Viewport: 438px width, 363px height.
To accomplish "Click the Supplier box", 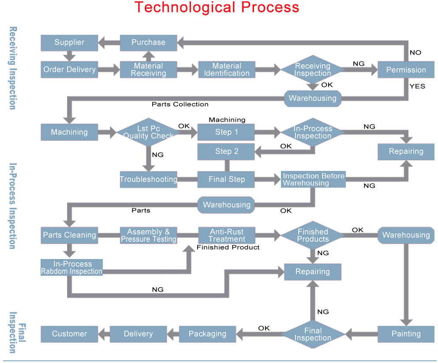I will click(x=69, y=43).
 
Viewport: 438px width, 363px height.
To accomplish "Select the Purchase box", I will click(x=149, y=43).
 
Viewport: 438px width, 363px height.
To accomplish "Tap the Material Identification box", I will click(x=227, y=70).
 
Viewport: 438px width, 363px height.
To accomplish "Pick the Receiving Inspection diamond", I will click(x=313, y=70).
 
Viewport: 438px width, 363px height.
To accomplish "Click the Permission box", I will click(x=406, y=70).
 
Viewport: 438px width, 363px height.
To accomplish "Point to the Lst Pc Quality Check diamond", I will click(x=148, y=132).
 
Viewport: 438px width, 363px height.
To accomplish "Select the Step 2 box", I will click(x=226, y=152).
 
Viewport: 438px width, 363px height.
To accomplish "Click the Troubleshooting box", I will click(x=148, y=179).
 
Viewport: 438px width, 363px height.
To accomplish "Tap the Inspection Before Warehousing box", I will click(x=313, y=179).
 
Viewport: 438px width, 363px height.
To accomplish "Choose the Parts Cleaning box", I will click(x=69, y=235).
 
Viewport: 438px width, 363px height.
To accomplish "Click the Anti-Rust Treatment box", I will click(x=227, y=235).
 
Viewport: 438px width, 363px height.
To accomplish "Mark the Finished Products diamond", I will click(x=313, y=235).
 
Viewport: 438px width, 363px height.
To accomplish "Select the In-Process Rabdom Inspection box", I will click(x=72, y=268).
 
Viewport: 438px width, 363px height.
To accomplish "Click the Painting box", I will click(x=406, y=334).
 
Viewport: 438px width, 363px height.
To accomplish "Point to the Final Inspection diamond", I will click(x=313, y=334).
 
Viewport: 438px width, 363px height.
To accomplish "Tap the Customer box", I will click(x=69, y=334).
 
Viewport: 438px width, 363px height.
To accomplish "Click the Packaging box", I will click(x=207, y=334).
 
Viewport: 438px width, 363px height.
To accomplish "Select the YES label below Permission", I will click(x=417, y=86).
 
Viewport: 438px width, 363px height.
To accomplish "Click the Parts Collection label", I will click(x=180, y=104).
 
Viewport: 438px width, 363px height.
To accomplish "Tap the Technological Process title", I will click(x=217, y=7).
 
